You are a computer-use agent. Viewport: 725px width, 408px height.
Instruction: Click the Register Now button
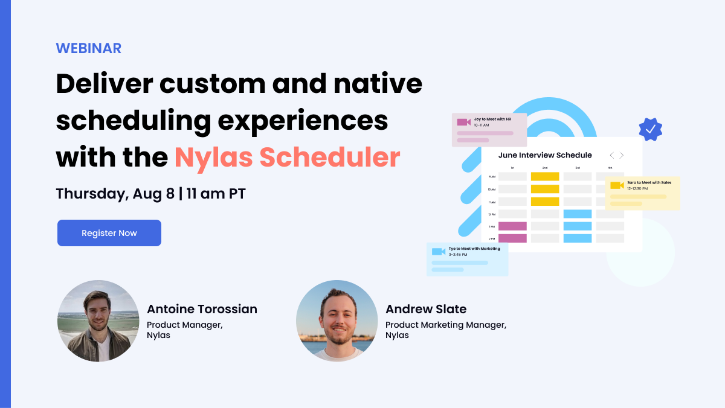pyautogui.click(x=109, y=233)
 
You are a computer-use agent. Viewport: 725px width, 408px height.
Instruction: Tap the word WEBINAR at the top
pyautogui.click(x=89, y=48)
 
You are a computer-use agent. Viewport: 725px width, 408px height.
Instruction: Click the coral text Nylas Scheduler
pyautogui.click(x=287, y=157)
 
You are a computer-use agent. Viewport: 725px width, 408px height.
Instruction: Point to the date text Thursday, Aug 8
pyautogui.click(x=115, y=194)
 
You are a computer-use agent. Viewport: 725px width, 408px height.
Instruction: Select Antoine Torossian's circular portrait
pyautogui.click(x=98, y=320)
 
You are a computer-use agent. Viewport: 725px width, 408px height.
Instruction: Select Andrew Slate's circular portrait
pyautogui.click(x=337, y=320)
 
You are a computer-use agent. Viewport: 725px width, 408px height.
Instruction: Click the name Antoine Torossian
pyautogui.click(x=202, y=309)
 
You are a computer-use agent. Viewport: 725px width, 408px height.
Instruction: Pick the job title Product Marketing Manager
pyautogui.click(x=445, y=325)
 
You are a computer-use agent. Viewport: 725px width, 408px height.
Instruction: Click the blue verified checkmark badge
pyautogui.click(x=651, y=129)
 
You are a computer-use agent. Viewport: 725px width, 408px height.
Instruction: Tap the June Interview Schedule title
pyautogui.click(x=545, y=155)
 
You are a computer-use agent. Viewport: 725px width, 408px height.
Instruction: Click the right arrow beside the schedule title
pyautogui.click(x=622, y=155)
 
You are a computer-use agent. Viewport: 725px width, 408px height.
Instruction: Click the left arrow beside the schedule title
pyautogui.click(x=611, y=155)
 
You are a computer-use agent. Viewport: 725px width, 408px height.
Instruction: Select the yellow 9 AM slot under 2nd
pyautogui.click(x=545, y=177)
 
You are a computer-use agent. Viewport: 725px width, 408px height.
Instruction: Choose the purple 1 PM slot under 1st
pyautogui.click(x=512, y=226)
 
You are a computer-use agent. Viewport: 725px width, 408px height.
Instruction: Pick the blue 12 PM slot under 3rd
pyautogui.click(x=577, y=214)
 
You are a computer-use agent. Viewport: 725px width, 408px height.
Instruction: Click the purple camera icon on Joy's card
pyautogui.click(x=463, y=122)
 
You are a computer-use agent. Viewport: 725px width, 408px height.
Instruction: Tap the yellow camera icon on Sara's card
pyautogui.click(x=617, y=185)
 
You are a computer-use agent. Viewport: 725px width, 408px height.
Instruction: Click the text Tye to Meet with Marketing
pyautogui.click(x=474, y=249)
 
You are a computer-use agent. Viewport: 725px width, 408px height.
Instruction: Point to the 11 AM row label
pyautogui.click(x=492, y=202)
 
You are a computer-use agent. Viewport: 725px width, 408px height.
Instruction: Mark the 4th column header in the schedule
pyautogui.click(x=610, y=167)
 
